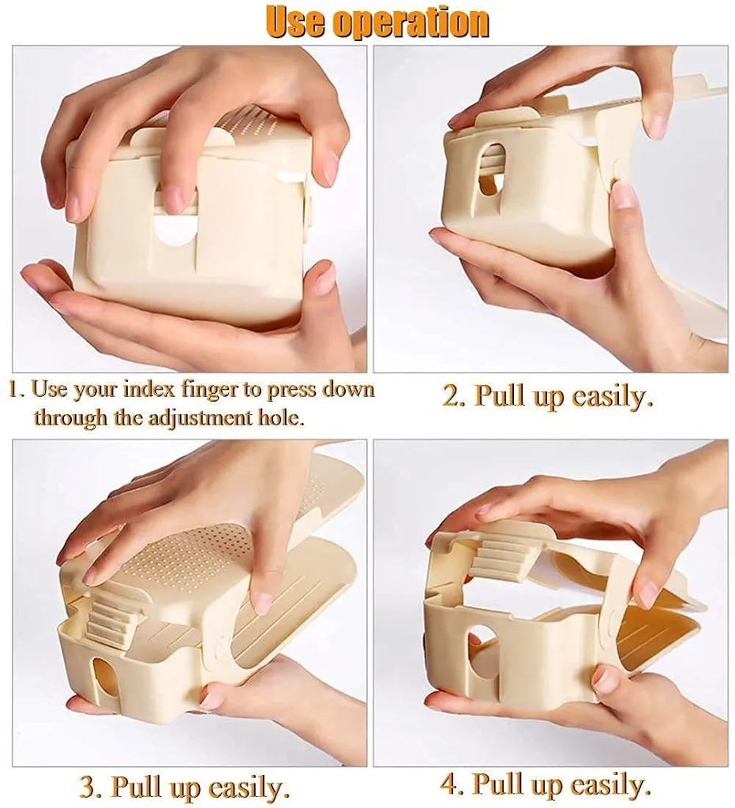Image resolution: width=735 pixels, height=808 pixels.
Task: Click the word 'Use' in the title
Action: (295, 21)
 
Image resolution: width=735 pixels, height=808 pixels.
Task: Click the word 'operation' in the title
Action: (411, 21)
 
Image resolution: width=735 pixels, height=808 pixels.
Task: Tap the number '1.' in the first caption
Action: (17, 390)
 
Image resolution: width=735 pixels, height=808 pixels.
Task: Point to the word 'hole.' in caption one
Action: (279, 417)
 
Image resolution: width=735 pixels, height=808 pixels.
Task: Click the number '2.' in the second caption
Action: (454, 395)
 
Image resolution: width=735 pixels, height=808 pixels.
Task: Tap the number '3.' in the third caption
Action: (90, 787)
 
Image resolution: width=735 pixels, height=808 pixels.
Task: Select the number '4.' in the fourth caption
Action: (452, 784)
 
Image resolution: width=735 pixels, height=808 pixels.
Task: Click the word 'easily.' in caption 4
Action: (611, 784)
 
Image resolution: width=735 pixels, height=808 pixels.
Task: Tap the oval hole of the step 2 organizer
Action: (492, 167)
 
